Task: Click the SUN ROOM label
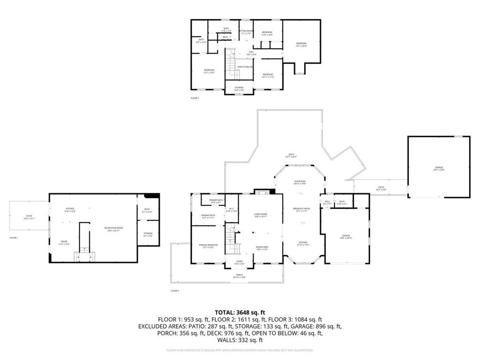(x=300, y=182)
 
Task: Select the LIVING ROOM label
(x=260, y=215)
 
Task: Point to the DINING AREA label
(x=262, y=248)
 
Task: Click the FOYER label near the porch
(x=240, y=262)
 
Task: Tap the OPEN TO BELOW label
(x=245, y=67)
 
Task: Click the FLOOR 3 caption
(x=195, y=98)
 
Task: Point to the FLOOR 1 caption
(x=14, y=238)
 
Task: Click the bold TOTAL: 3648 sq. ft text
(x=240, y=312)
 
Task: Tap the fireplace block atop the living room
(x=261, y=191)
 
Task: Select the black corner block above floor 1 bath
(x=152, y=196)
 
